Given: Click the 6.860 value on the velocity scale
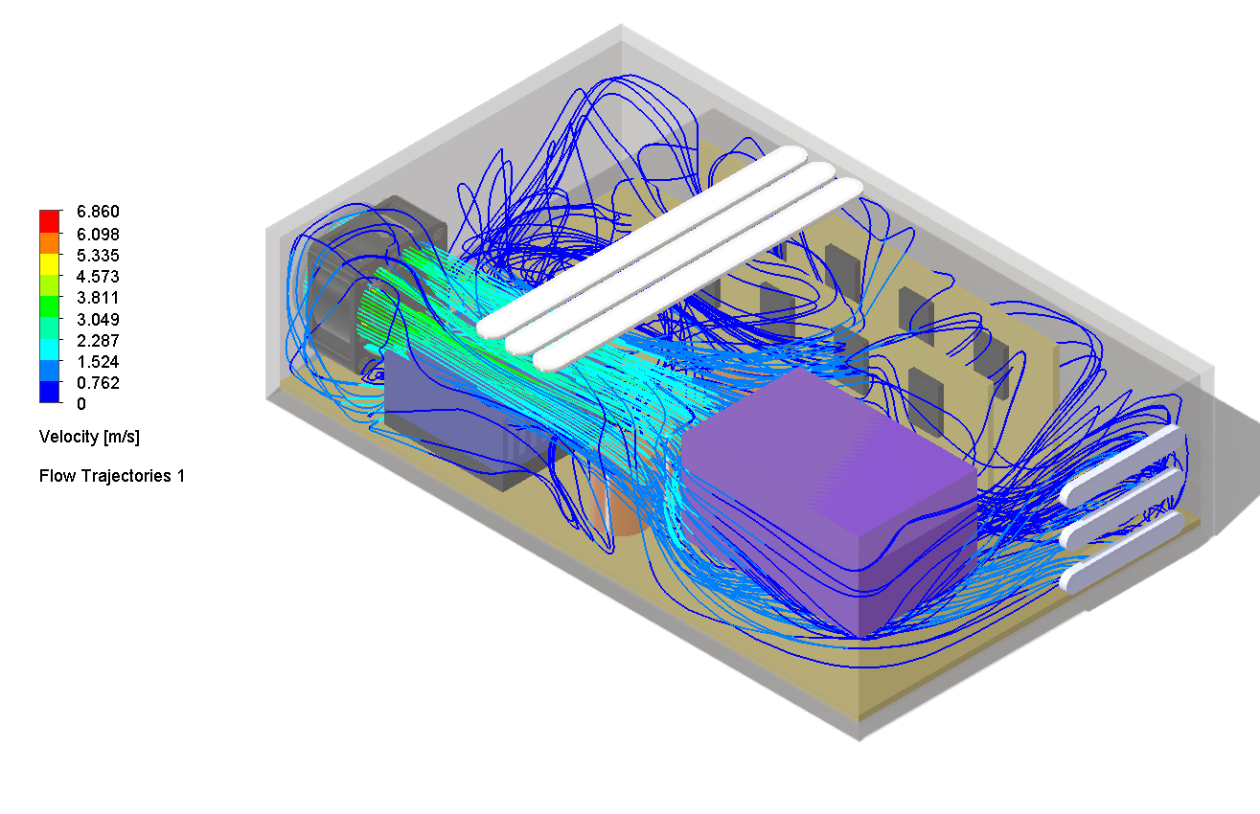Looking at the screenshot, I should [x=100, y=212].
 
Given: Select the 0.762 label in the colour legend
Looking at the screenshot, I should [x=100, y=383].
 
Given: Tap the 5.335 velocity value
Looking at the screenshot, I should [x=100, y=256].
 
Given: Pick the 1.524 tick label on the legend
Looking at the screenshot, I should [x=100, y=362].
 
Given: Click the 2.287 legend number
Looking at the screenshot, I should [x=100, y=340].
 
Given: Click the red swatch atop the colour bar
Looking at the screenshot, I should [x=50, y=217].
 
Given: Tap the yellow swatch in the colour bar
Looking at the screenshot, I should [x=50, y=260].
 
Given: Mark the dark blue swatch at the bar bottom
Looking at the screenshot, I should [x=50, y=392].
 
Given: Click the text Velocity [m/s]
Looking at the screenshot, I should [x=89, y=437].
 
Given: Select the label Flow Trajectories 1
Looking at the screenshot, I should [x=111, y=476].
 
